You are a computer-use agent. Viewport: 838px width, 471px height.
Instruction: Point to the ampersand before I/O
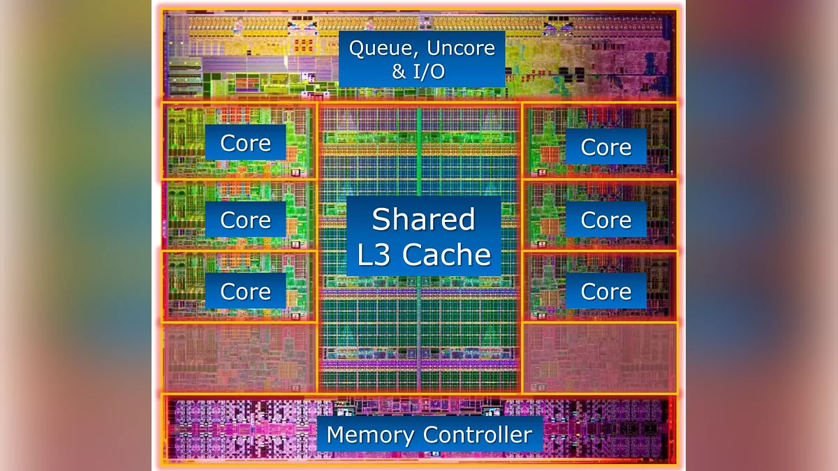399,71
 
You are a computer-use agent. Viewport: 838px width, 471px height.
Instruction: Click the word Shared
423,220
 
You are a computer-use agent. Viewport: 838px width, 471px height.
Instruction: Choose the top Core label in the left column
245,143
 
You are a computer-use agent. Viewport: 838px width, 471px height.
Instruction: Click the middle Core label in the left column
245,220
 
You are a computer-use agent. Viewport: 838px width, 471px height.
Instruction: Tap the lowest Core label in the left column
245,291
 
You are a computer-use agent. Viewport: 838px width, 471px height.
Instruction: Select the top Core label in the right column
605,147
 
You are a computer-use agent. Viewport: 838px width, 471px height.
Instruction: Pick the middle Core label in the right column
605,220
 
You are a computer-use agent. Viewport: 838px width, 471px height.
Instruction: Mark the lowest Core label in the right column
605,291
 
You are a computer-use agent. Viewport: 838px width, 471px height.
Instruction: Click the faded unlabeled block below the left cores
239,357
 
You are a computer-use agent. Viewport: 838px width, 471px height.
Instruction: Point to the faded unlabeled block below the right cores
599,357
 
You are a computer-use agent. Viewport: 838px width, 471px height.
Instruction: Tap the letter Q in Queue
358,49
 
